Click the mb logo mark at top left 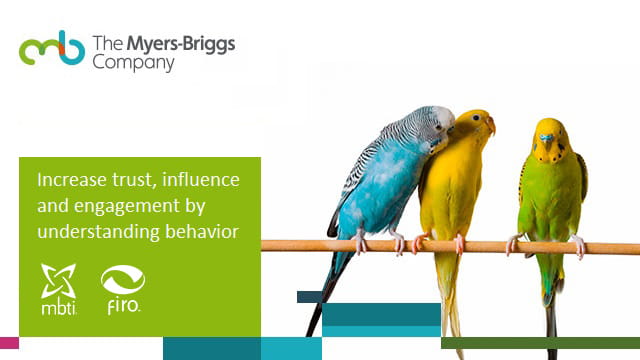pos(51,49)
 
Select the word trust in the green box pos(130,181)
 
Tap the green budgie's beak pos(547,137)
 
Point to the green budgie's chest pos(548,185)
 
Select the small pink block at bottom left pos(9,342)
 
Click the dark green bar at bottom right pos(540,342)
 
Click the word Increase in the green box pos(68,181)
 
